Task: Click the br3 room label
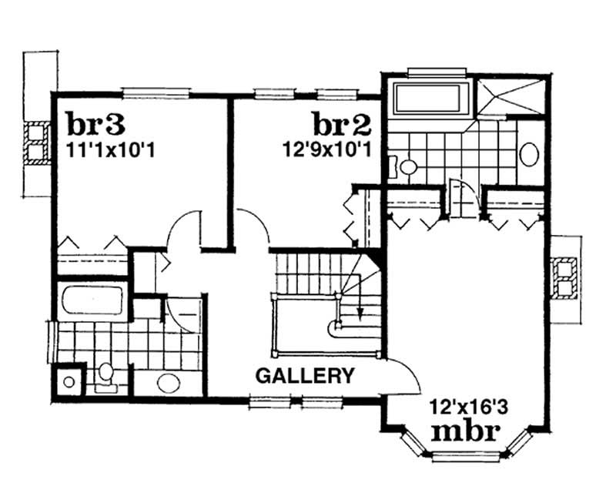96,122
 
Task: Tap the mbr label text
466,429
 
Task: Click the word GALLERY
306,376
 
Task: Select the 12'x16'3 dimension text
467,406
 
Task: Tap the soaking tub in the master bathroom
430,99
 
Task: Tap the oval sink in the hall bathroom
167,382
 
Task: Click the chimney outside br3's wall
35,144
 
